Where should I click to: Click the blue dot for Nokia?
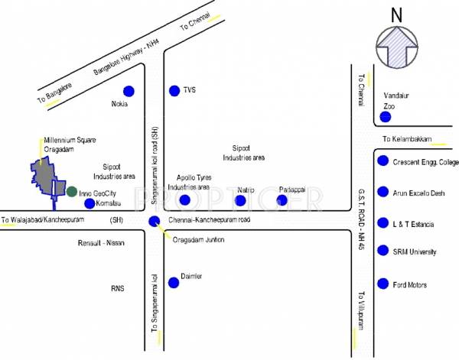pos(129,91)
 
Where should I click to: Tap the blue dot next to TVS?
pos(174,91)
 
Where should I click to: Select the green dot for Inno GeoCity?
pos(71,191)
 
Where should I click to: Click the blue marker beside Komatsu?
pos(90,203)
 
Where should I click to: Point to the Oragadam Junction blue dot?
pos(154,222)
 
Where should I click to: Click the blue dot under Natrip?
pos(240,200)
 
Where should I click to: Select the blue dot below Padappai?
pos(282,200)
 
